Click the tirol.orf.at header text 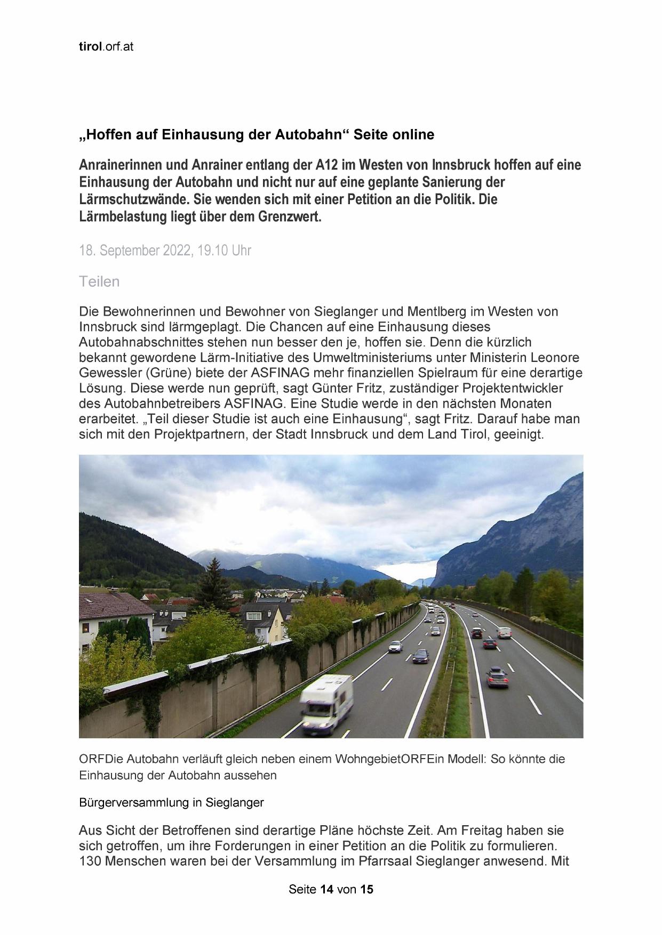[x=106, y=47]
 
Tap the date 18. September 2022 [x=135, y=251]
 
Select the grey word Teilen [x=99, y=281]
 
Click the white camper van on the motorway [x=326, y=702]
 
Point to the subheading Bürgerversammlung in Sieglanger [x=171, y=802]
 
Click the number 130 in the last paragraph [x=90, y=861]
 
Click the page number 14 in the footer [x=326, y=890]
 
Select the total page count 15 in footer [x=367, y=890]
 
